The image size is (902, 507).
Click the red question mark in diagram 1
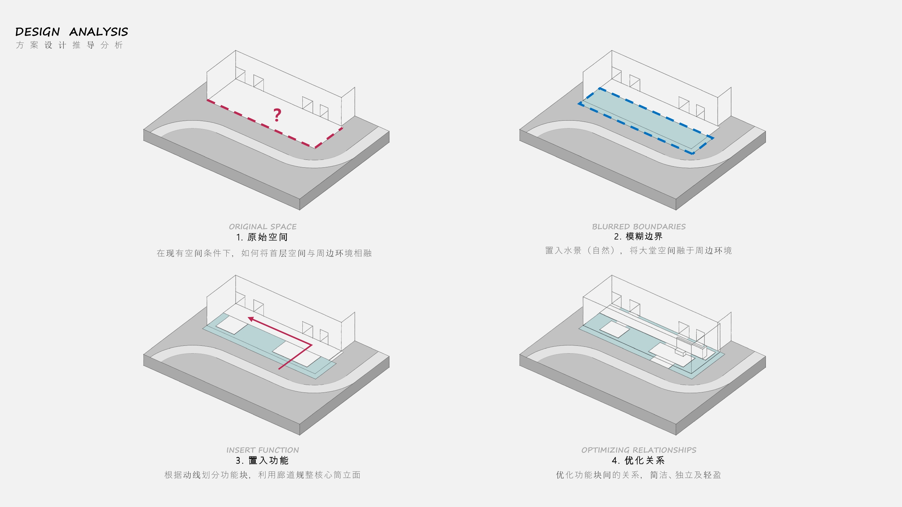coord(277,115)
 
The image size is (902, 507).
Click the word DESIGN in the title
coord(38,32)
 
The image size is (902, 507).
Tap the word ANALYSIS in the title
coord(99,32)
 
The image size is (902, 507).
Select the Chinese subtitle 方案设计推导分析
coord(69,45)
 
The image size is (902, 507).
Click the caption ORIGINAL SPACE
coord(262,226)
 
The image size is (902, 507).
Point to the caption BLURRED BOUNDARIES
coord(639,226)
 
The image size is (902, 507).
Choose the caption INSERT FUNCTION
coord(262,450)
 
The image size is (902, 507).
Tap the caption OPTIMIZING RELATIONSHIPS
coord(639,450)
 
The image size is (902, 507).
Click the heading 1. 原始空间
coord(262,237)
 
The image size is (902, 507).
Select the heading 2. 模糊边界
coord(638,237)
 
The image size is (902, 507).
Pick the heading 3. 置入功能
coord(262,460)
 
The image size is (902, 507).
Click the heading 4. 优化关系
coord(638,460)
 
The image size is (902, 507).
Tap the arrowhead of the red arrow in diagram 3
coord(251,319)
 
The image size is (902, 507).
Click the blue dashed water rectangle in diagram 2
coord(646,121)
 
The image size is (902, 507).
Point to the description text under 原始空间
coord(264,253)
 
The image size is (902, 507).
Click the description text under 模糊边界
coord(638,250)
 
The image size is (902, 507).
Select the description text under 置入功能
coord(262,475)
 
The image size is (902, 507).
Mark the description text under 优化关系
coord(638,475)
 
